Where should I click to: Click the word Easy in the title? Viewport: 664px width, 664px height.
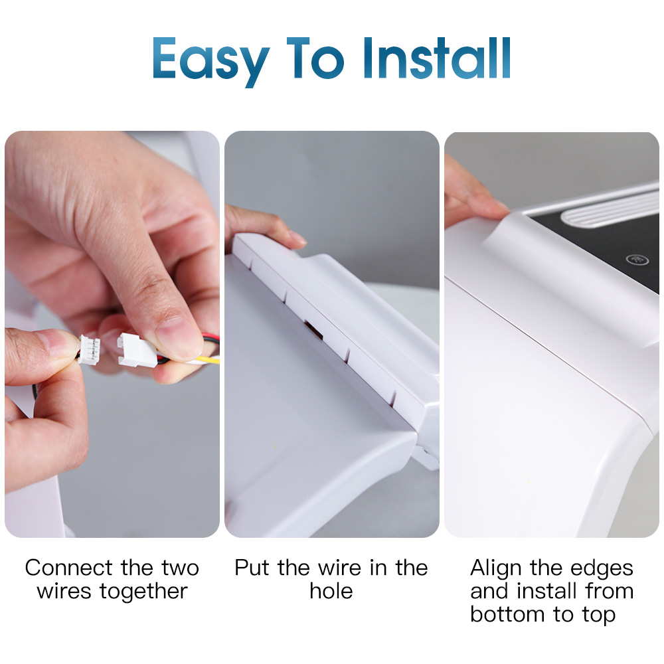tap(210, 61)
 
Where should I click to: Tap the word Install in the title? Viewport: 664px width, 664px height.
tap(437, 58)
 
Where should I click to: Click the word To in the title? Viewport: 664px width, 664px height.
tap(315, 58)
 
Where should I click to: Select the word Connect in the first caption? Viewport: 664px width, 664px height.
tap(69, 568)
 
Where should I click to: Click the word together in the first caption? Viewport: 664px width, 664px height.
tap(143, 591)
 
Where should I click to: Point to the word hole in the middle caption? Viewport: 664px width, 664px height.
tap(331, 591)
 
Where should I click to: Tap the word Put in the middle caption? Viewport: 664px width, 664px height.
tap(252, 568)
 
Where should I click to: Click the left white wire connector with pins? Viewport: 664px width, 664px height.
tap(89, 349)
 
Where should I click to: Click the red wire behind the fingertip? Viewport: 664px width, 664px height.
tap(211, 339)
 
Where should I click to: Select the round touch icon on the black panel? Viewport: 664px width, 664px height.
tap(637, 259)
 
